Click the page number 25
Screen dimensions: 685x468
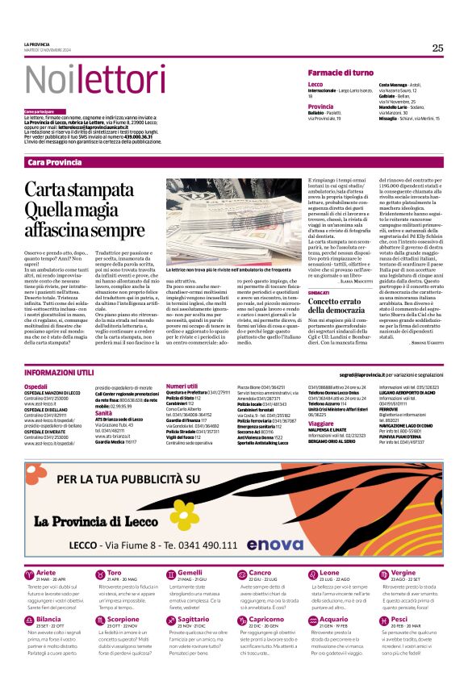pos(437,48)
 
